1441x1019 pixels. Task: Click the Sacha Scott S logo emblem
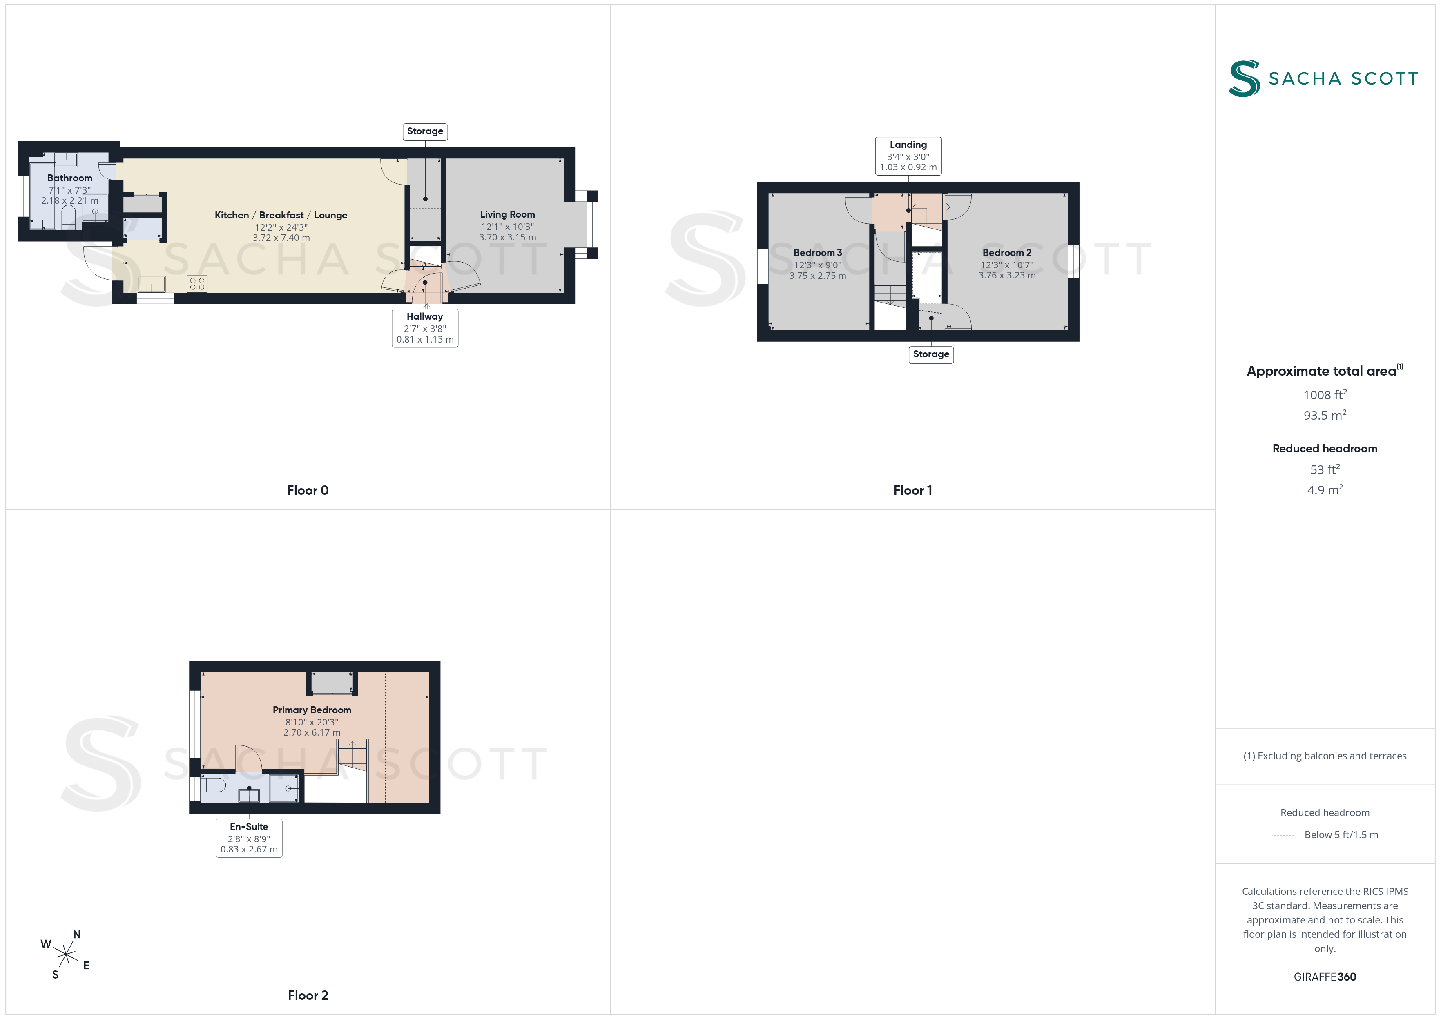(x=1244, y=78)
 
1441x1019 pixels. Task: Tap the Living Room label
(x=507, y=215)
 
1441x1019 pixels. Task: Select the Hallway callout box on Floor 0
(x=425, y=327)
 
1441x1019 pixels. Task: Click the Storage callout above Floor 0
(x=425, y=131)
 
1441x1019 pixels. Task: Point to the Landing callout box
(x=908, y=156)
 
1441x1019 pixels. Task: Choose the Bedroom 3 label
(x=817, y=253)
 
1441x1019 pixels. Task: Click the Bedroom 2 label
(x=1007, y=253)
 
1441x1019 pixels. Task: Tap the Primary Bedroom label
(x=312, y=710)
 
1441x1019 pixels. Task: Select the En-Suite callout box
(x=249, y=838)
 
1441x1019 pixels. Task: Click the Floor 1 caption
(x=912, y=491)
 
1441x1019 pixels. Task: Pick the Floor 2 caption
(x=308, y=995)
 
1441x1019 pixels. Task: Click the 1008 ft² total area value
(x=1325, y=395)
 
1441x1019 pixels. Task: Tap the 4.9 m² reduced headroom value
(x=1325, y=490)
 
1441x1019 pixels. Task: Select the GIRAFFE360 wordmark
(x=1325, y=977)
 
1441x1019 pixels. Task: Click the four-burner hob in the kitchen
(x=197, y=284)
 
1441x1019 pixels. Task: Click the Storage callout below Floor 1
(x=931, y=354)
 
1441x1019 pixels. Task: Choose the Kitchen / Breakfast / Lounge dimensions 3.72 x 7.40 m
(x=281, y=238)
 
